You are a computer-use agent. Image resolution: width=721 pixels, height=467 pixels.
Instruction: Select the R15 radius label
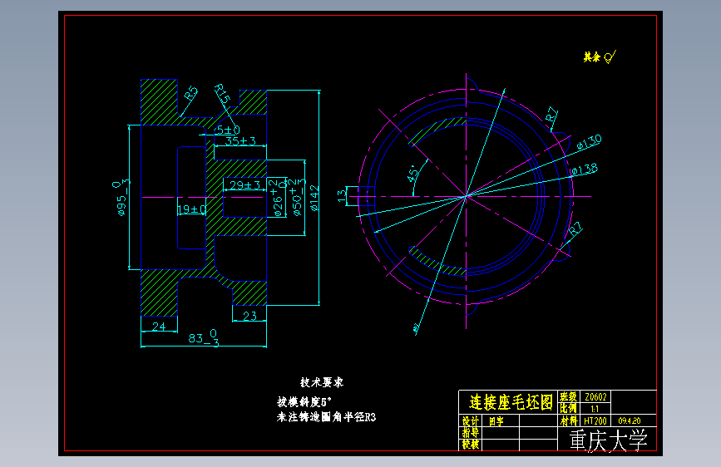pos(221,93)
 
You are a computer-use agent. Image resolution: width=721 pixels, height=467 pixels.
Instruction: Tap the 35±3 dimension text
pos(240,141)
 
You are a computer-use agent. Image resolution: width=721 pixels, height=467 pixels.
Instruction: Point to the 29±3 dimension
pos(244,184)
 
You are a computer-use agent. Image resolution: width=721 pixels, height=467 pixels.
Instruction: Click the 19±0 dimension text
pos(191,209)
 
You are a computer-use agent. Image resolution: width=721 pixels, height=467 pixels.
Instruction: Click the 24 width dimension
pos(158,327)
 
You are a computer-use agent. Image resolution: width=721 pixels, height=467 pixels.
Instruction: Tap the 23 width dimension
pos(249,316)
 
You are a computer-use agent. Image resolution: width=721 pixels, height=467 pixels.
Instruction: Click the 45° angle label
pos(412,175)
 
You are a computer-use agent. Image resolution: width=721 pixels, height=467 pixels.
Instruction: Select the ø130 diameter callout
pos(589,141)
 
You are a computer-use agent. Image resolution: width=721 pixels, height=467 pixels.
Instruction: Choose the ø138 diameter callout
pos(584,170)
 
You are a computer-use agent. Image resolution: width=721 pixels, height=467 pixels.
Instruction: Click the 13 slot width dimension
pos(341,195)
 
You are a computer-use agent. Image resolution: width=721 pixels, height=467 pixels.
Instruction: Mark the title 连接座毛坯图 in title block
pos(511,402)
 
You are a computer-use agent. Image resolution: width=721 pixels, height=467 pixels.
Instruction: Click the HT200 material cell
pos(595,420)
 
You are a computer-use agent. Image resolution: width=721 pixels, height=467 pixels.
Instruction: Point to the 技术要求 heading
pos(321,383)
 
